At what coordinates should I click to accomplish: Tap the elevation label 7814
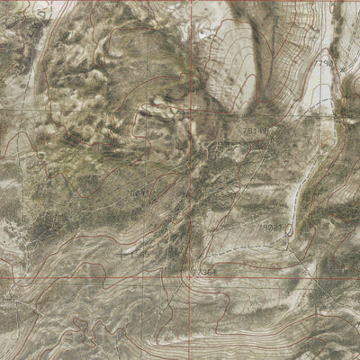click(252, 131)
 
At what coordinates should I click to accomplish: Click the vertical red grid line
click(192, 180)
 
